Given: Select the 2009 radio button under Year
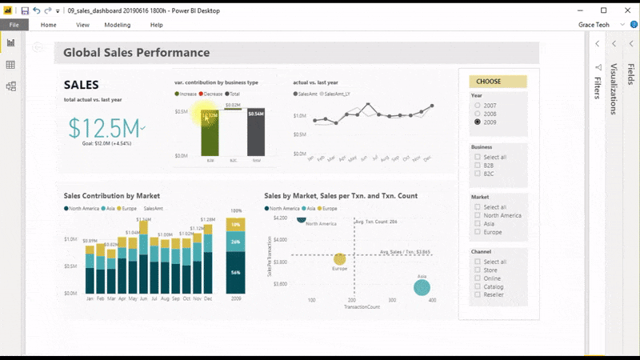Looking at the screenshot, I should [478, 122].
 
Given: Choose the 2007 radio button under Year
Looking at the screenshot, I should [478, 106].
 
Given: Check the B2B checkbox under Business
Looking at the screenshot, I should [478, 165].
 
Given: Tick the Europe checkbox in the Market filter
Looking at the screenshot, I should [478, 232].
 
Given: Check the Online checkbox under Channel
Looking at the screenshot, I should [478, 278].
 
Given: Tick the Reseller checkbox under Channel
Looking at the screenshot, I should [478, 294].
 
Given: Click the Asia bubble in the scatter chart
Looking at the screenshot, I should [422, 287].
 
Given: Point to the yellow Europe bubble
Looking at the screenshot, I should [340, 259].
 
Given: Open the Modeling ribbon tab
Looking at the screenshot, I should [118, 25].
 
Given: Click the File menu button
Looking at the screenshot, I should [14, 25].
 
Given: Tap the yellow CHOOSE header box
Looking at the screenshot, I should [498, 82].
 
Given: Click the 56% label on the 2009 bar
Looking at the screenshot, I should [236, 273].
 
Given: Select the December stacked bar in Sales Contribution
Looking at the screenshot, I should [208, 260].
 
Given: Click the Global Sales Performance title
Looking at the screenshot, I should [136, 53].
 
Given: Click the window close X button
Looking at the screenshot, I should [625, 10].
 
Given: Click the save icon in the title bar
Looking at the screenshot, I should [25, 10].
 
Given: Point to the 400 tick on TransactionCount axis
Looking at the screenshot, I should [432, 301].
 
